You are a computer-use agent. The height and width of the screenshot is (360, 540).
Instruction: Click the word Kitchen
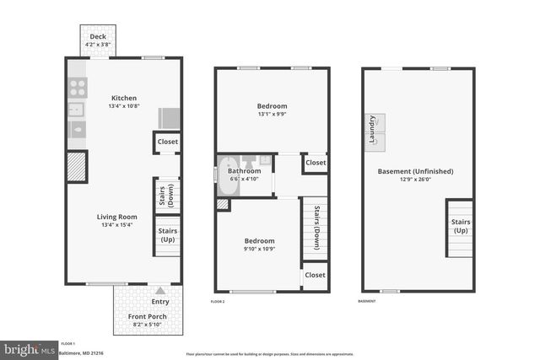pos(123,98)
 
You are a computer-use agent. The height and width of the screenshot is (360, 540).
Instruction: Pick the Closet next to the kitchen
pos(167,142)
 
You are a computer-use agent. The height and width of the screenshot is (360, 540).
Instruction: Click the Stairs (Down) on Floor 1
pos(166,195)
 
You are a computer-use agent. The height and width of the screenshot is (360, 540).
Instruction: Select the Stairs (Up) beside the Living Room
pos(166,235)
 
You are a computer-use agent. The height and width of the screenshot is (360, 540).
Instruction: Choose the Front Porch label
pos(147,317)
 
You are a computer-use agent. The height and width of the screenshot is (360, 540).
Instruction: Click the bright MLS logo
pos(30,347)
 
